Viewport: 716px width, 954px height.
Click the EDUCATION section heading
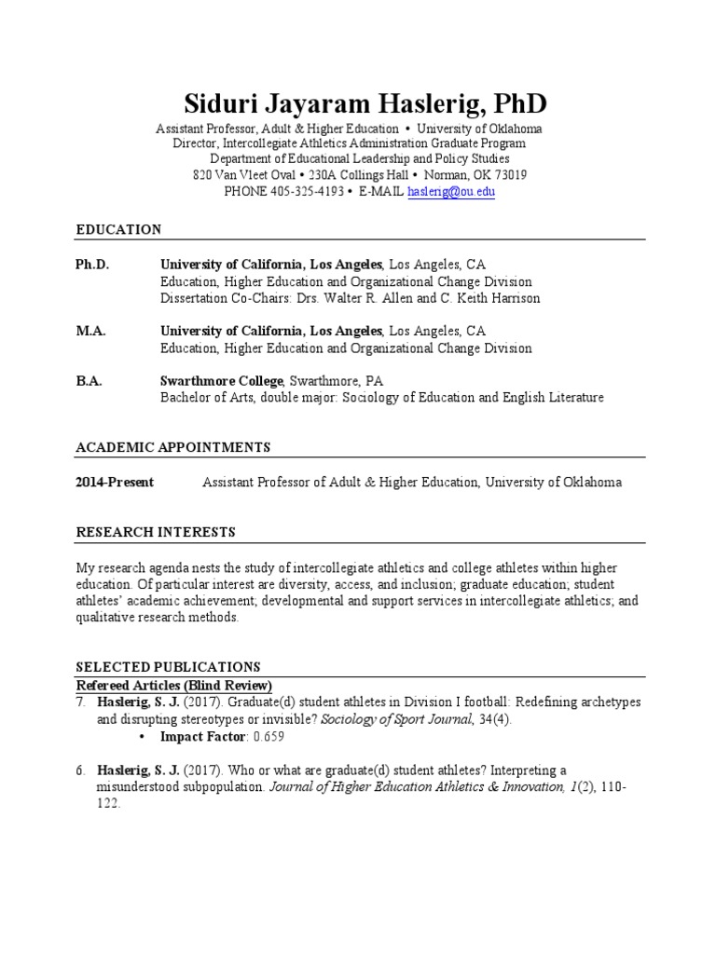pos(118,229)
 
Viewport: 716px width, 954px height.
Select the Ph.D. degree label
pos(92,265)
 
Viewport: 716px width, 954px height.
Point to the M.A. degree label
pos(90,331)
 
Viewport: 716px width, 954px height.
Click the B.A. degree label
pos(89,381)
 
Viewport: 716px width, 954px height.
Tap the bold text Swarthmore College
pos(222,381)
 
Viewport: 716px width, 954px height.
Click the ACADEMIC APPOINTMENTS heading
pos(172,447)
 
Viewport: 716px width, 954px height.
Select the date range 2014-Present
pos(115,483)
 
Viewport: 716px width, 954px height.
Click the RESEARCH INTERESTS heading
pos(155,532)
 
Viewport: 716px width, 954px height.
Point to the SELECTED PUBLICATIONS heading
pos(168,667)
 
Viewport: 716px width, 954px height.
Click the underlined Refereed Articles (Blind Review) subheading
pos(173,686)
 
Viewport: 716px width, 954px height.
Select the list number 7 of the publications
pos(80,702)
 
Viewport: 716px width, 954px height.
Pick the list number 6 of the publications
pos(80,770)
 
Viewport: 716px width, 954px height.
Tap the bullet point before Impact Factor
pos(141,737)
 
